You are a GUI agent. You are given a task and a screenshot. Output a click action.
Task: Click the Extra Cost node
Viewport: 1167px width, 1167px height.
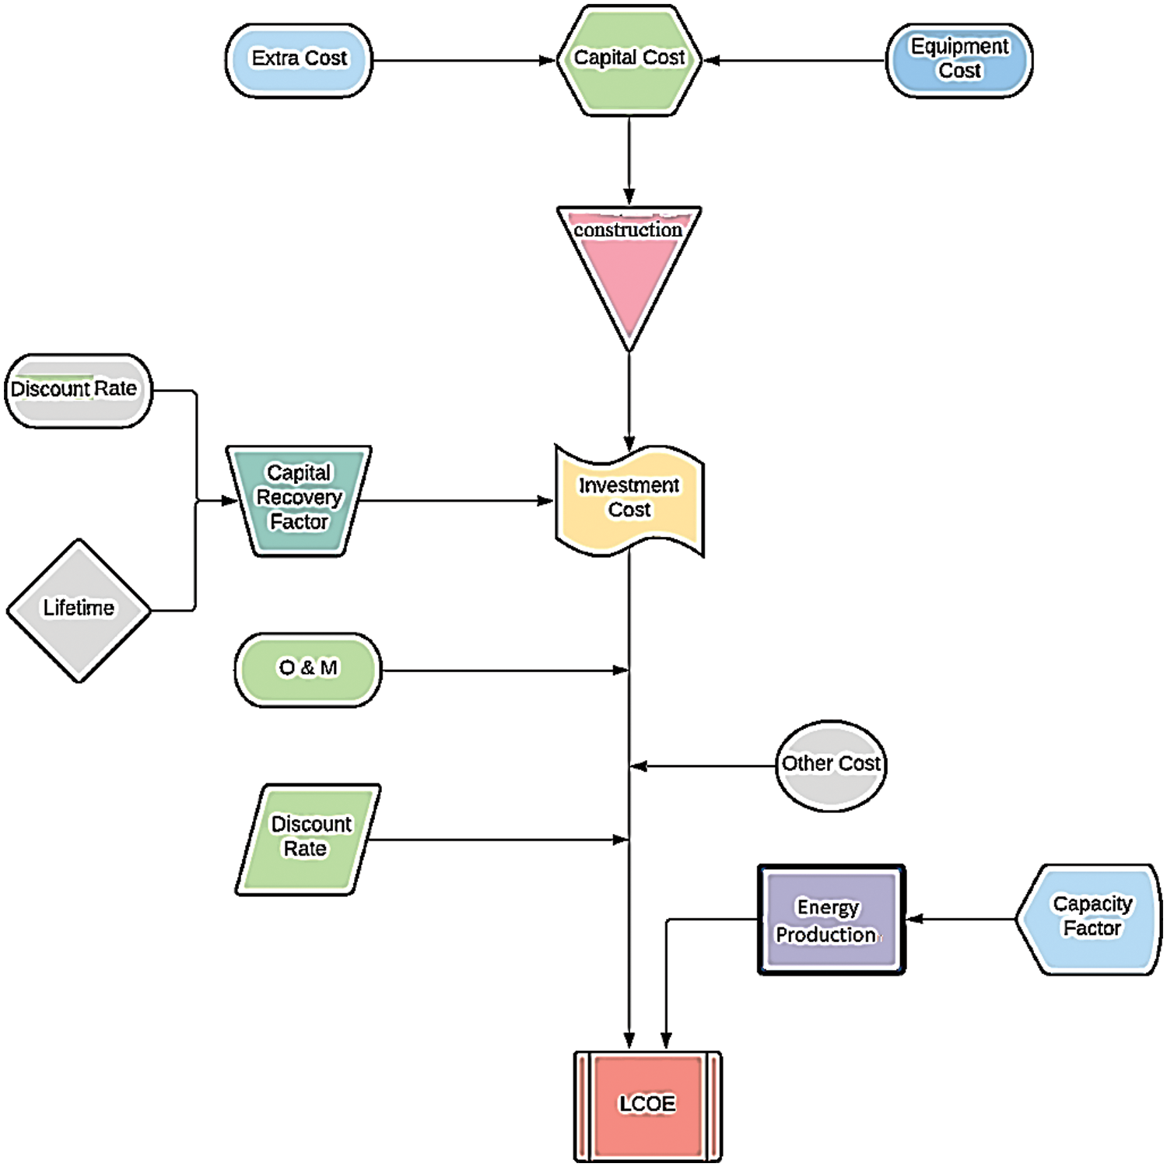point(299,61)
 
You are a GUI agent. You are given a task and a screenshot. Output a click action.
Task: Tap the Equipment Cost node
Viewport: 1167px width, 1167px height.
point(959,61)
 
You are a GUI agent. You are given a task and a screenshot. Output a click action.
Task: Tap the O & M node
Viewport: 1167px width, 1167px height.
point(308,669)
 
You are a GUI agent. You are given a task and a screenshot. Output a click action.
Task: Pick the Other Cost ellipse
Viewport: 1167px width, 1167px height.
point(831,766)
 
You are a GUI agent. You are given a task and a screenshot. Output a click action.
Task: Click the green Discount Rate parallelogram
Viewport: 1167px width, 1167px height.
point(308,839)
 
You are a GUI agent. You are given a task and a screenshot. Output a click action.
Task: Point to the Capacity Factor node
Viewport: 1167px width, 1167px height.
point(1091,919)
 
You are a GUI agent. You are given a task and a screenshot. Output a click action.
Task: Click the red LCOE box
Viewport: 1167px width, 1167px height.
point(647,1105)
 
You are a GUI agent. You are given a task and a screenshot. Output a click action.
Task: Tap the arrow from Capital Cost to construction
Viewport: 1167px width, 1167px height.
point(629,160)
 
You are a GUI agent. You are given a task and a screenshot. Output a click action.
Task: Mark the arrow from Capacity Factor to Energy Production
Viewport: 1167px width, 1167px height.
point(962,919)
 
